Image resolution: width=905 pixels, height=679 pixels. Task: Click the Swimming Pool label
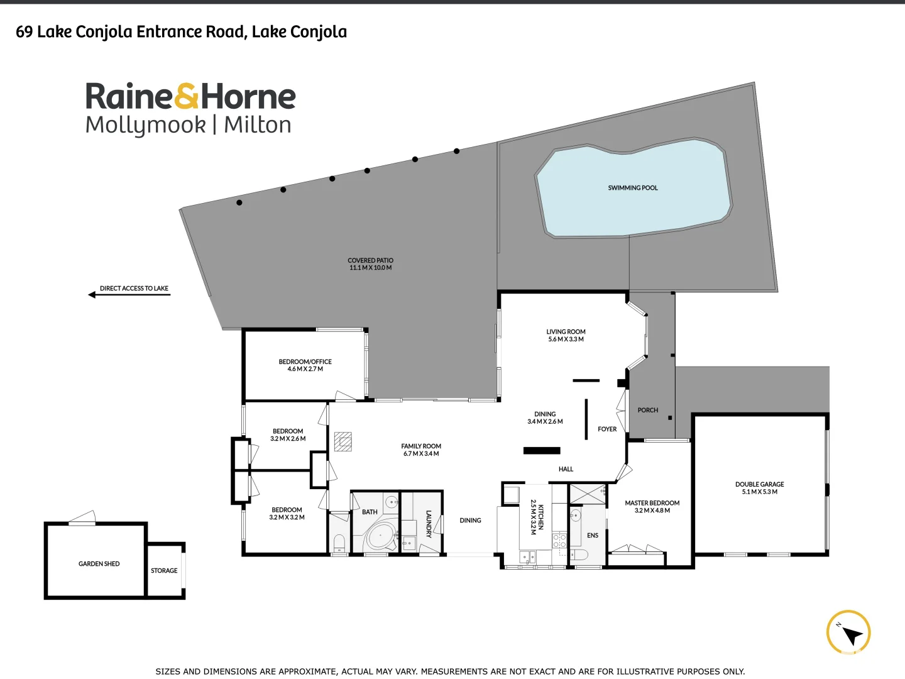(633, 188)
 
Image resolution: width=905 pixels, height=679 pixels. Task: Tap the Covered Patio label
(370, 260)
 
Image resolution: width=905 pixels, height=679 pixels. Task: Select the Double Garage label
(759, 485)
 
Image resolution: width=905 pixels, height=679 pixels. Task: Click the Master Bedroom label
(652, 503)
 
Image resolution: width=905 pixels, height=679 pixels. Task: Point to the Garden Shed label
(99, 564)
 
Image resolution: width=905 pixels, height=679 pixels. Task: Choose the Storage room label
(164, 571)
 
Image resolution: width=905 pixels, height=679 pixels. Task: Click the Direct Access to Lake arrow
(92, 294)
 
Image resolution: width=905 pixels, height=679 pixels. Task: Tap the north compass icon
(848, 633)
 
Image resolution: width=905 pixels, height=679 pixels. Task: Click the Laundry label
(429, 524)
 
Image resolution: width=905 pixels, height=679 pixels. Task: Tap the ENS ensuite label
(592, 536)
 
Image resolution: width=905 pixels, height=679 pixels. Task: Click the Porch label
(647, 411)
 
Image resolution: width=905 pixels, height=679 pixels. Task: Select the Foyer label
(607, 429)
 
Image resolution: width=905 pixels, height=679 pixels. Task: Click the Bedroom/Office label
(305, 362)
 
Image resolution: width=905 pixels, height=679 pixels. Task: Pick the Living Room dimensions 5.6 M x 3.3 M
(566, 339)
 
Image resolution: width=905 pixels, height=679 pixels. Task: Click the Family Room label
(421, 446)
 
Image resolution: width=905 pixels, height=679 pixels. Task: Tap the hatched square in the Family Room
(343, 441)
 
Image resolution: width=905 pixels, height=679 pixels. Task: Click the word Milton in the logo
(258, 125)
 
